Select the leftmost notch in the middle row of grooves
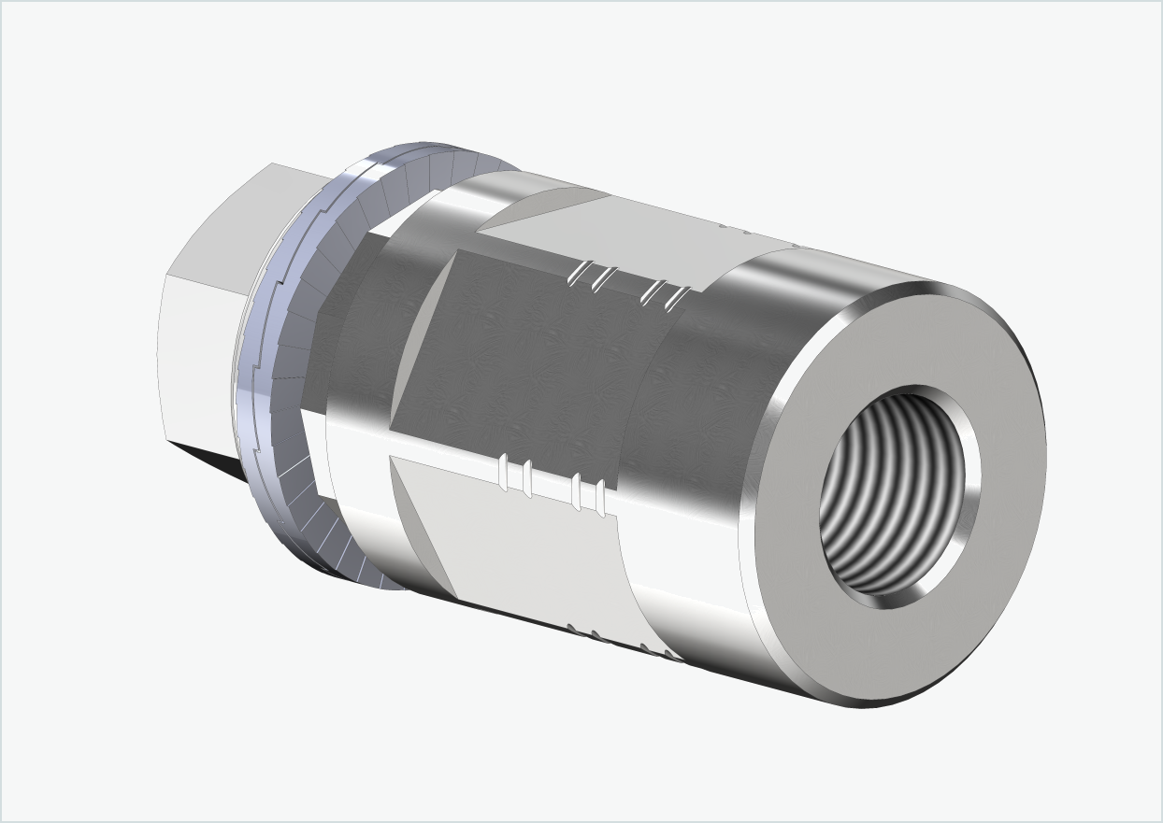click(x=506, y=473)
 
